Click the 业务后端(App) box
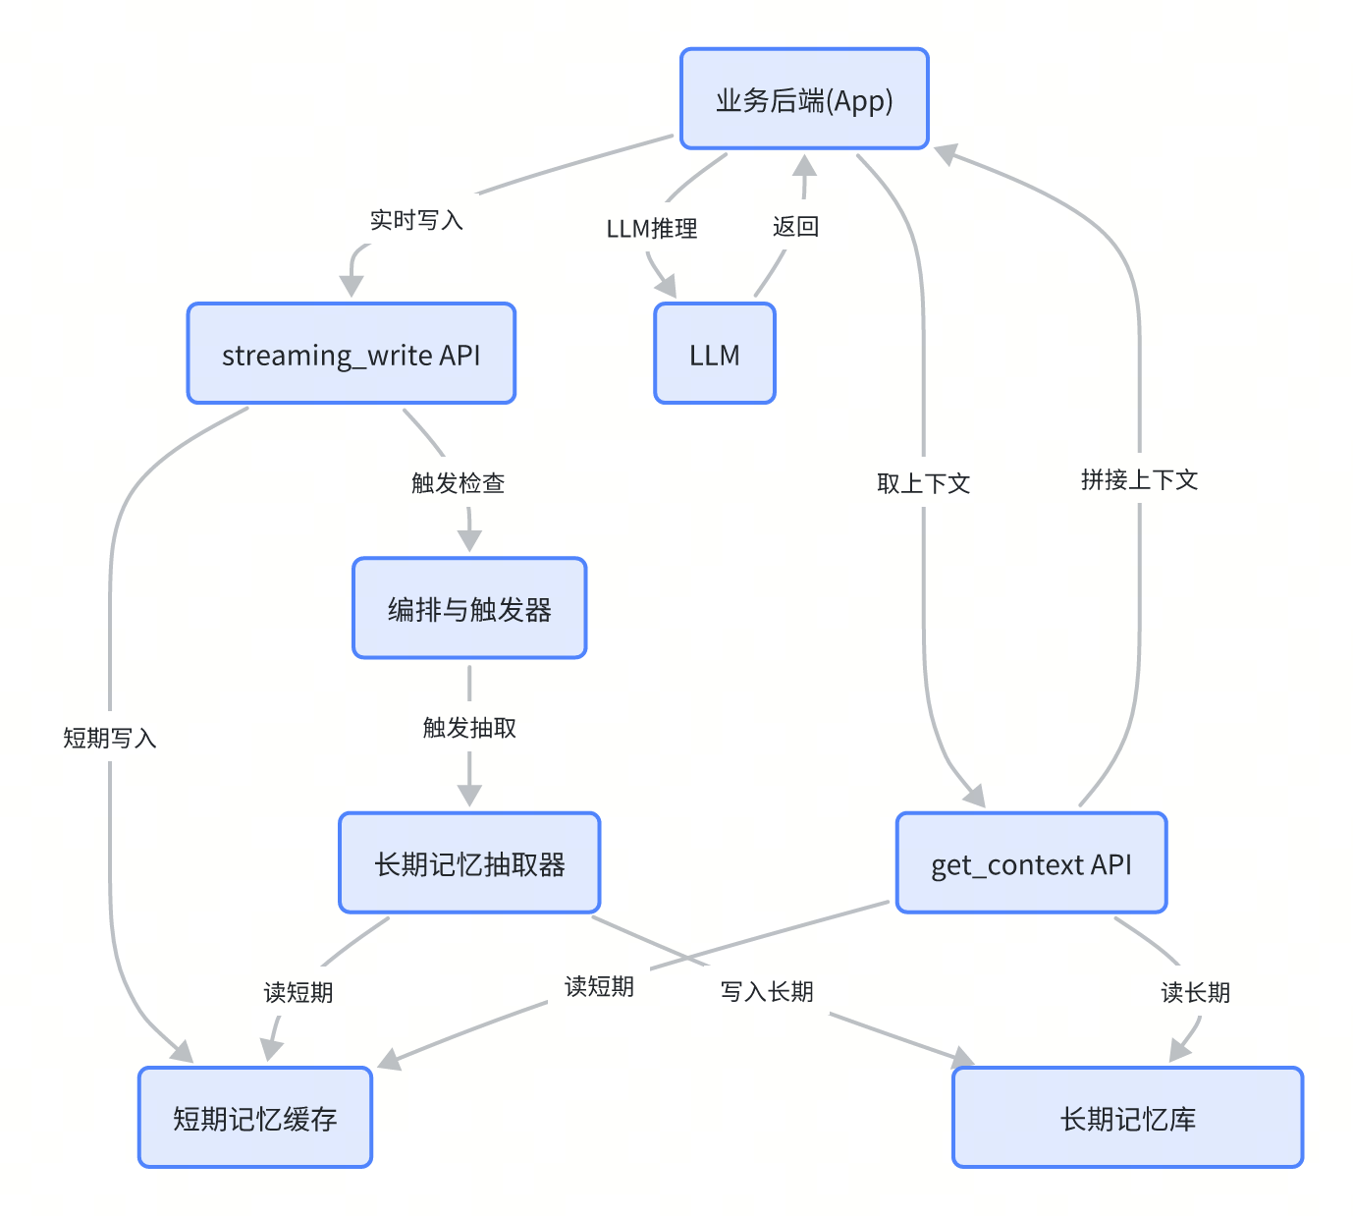[x=804, y=99]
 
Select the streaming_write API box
[x=352, y=354]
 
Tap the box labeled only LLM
[x=715, y=354]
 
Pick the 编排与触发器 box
[x=469, y=609]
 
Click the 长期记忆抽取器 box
[x=469, y=863]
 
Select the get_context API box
[x=1031, y=863]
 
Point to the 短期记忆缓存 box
[x=255, y=1118]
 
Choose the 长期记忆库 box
[x=1127, y=1118]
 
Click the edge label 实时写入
[x=416, y=220]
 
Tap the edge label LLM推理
[x=652, y=229]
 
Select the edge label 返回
[x=795, y=227]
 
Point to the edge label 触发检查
[x=458, y=483]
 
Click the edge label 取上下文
[x=923, y=483]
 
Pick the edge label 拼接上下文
[x=1139, y=479]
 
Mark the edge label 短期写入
[x=110, y=738]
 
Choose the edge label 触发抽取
[x=469, y=728]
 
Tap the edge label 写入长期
[x=767, y=992]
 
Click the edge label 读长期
[x=1195, y=993]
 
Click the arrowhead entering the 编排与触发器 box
[x=469, y=541]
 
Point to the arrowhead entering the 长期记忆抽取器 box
[x=469, y=796]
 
